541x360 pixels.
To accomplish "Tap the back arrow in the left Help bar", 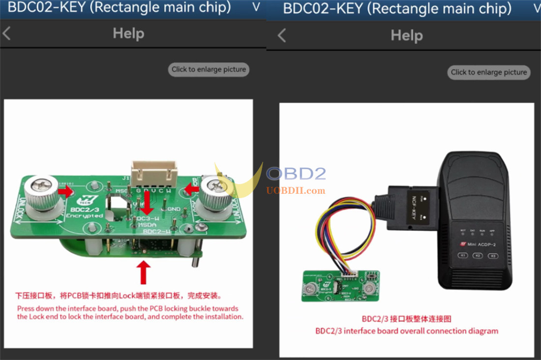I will pos(6,33).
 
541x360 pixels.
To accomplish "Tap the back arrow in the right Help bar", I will pos(282,35).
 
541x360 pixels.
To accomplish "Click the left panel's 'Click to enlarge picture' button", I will pos(209,69).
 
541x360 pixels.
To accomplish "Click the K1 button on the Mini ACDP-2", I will pos(463,255).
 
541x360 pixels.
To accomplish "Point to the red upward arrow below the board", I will pos(144,272).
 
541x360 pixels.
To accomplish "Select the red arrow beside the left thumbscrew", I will pos(65,191).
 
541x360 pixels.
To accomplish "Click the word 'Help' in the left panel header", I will pos(128,33).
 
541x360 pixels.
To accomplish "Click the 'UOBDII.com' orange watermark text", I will pos(296,190).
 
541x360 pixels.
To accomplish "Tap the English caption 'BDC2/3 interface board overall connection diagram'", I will pos(406,331).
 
